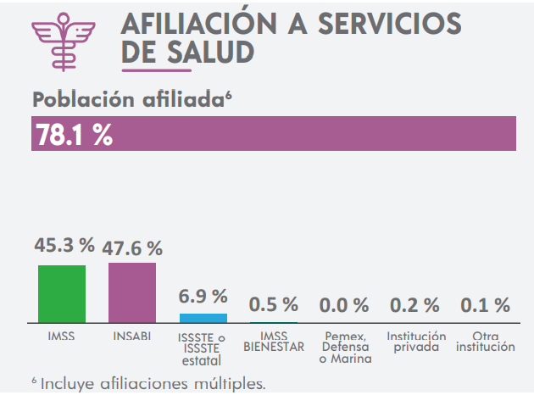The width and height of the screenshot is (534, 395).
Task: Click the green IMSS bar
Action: point(62,293)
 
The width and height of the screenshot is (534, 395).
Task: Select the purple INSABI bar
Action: point(132,292)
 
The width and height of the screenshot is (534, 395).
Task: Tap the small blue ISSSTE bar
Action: point(203,318)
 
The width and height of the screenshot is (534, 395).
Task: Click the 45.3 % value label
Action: point(64,246)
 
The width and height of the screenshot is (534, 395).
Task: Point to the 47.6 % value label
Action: point(132,248)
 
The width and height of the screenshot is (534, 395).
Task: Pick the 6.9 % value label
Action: point(203,297)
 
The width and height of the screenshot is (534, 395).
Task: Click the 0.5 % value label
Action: point(273,304)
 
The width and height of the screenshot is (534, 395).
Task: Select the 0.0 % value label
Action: point(343,304)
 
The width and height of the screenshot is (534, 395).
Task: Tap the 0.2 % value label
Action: point(414,304)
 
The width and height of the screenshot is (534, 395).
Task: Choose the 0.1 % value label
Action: point(484,304)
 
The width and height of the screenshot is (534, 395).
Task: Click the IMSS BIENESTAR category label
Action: point(273,342)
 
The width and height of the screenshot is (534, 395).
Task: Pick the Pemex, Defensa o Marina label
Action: point(343,348)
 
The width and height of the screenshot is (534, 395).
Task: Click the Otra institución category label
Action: point(484,342)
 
